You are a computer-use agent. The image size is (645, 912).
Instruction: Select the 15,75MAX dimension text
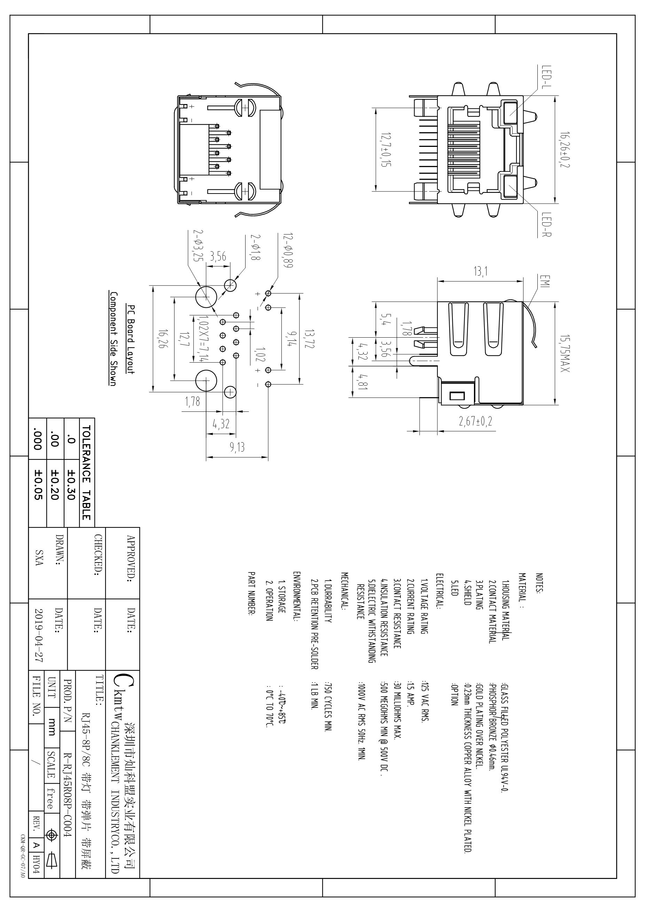[x=564, y=354]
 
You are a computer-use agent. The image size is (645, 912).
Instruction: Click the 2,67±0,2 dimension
[x=475, y=421]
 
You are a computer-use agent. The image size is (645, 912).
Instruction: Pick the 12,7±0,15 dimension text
[x=386, y=149]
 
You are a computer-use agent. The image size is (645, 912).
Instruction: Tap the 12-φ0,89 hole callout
[x=288, y=250]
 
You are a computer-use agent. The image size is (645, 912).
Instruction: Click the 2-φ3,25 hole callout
[x=198, y=245]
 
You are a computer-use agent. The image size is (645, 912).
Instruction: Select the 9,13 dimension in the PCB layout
[x=237, y=447]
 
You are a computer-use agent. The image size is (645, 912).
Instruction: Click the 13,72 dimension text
[x=309, y=339]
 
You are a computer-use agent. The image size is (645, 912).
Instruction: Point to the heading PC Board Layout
[x=131, y=339]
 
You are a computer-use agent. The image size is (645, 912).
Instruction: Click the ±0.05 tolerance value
[x=38, y=485]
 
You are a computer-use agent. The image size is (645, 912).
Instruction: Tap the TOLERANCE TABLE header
[x=86, y=473]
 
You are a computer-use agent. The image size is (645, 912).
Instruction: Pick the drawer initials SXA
[x=39, y=558]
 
